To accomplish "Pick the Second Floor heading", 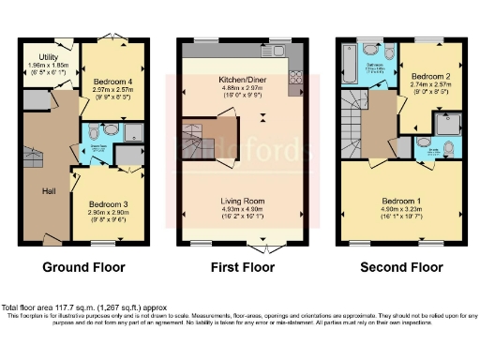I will coord(402,267).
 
